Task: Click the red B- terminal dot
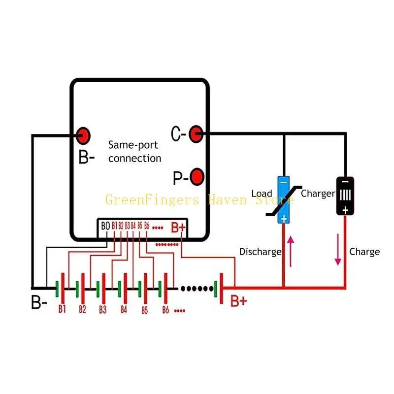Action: click(83, 136)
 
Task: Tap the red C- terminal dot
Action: click(196, 134)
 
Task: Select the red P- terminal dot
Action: click(197, 177)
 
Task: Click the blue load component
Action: click(284, 200)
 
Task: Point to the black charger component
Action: click(345, 196)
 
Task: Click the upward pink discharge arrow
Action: click(291, 251)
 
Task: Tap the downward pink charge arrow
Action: click(338, 250)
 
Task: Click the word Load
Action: click(262, 193)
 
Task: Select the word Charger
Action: click(318, 194)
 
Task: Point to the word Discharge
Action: click(261, 252)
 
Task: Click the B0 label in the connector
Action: click(105, 226)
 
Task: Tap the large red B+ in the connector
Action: click(178, 228)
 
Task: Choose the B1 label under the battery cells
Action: click(62, 309)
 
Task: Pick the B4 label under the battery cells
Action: click(124, 309)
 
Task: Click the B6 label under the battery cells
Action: click(165, 310)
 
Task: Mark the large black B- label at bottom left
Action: click(39, 302)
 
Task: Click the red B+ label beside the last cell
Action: click(239, 301)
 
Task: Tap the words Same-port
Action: click(133, 145)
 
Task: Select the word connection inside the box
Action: click(134, 158)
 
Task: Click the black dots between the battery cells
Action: click(197, 289)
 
